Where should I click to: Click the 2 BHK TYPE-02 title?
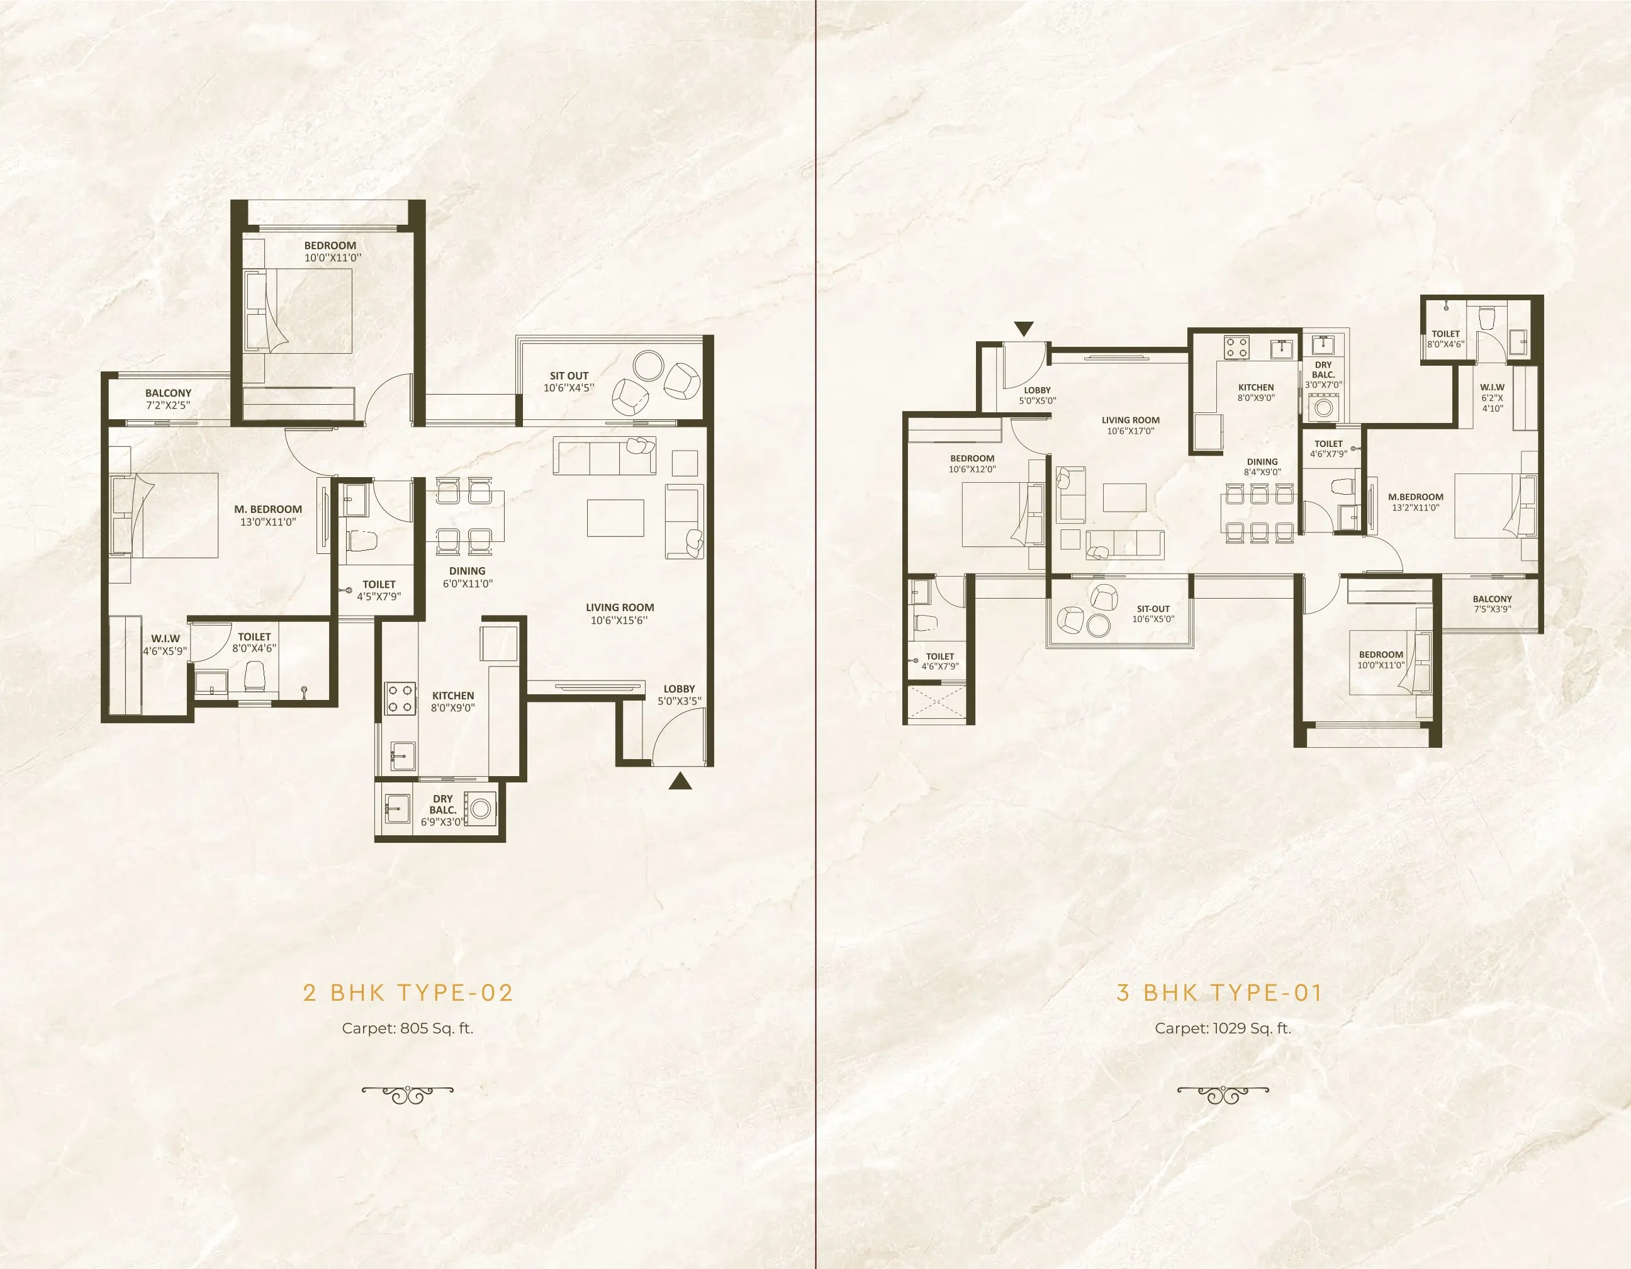tap(408, 993)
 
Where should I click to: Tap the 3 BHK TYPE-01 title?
tap(1219, 993)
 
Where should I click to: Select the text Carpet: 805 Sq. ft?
tap(408, 1028)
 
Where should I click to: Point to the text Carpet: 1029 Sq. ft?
tap(1223, 1028)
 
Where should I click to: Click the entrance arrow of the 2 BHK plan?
tap(679, 782)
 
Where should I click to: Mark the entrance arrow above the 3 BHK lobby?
tap(1024, 329)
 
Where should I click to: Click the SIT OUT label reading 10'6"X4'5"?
tap(569, 381)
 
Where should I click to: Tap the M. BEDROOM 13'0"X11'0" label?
tap(268, 516)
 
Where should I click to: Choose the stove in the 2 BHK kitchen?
tap(400, 698)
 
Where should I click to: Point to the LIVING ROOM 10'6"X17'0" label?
tap(1130, 425)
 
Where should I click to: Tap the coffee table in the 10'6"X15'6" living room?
tap(615, 517)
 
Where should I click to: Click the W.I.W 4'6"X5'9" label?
tap(165, 645)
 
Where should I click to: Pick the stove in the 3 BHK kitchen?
tap(1236, 347)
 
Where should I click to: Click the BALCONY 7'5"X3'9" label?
tap(1492, 604)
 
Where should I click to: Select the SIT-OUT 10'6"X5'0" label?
tap(1152, 613)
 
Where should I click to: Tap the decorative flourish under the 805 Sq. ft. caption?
tap(408, 1094)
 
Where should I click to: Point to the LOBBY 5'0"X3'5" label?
tap(679, 695)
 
